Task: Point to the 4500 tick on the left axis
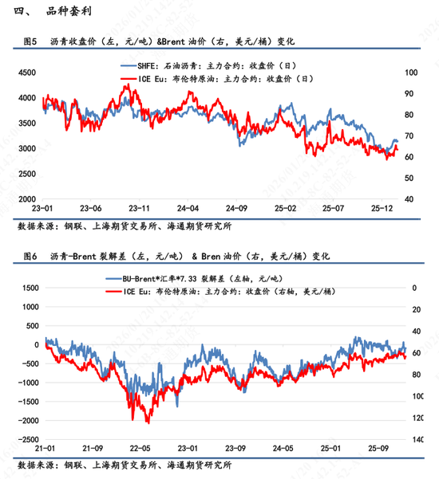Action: coord(28,73)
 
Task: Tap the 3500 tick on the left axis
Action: coord(28,124)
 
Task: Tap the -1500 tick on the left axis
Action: coord(28,402)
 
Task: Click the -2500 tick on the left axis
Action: coord(28,439)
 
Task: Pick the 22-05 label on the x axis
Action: coord(140,450)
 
